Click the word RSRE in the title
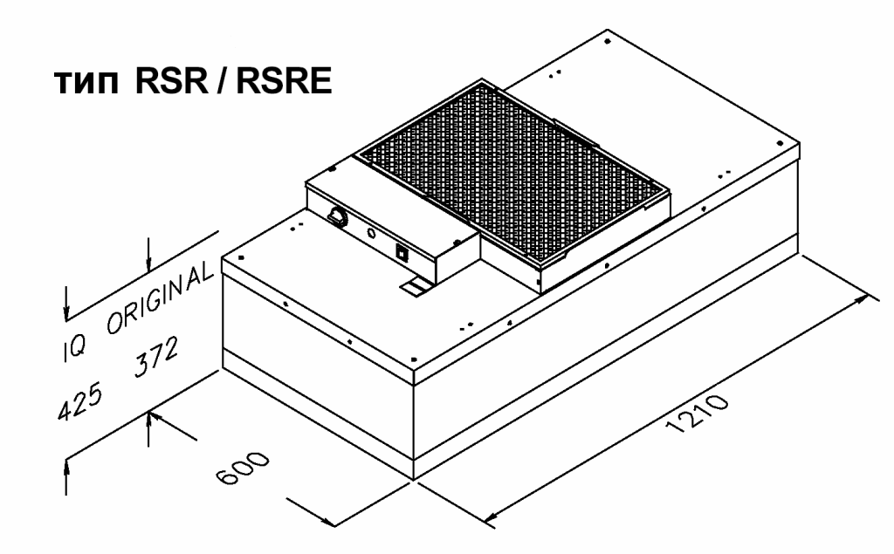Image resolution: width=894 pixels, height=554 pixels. tap(284, 80)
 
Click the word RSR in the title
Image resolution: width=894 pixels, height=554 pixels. tap(172, 80)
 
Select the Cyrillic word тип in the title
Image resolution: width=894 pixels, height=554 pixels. tap(86, 83)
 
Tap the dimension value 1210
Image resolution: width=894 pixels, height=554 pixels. tap(697, 414)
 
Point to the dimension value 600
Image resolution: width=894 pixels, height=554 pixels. tap(244, 468)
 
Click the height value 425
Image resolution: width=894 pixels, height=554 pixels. tap(80, 401)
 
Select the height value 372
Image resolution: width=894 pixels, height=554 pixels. tap(156, 357)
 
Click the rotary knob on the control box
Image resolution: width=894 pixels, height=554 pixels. tap(336, 216)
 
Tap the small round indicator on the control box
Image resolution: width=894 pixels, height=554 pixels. tap(370, 234)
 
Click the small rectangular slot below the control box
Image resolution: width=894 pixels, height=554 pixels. tap(415, 288)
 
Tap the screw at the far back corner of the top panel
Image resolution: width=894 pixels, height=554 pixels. tap(608, 41)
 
